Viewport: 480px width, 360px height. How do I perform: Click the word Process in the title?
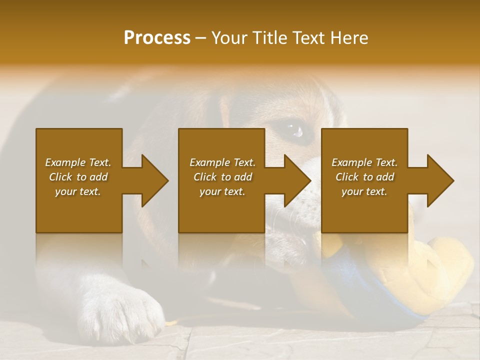[157, 38]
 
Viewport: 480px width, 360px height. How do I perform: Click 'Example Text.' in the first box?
[78, 162]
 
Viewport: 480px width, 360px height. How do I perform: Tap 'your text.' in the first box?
[78, 191]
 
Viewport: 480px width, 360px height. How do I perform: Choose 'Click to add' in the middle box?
[222, 177]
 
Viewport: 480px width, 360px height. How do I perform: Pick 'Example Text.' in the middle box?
[222, 162]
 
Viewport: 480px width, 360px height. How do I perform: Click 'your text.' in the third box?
[364, 191]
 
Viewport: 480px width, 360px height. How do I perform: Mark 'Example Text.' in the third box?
[364, 162]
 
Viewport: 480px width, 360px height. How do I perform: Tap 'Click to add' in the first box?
[78, 177]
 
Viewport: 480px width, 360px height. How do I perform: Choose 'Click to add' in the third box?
[364, 177]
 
